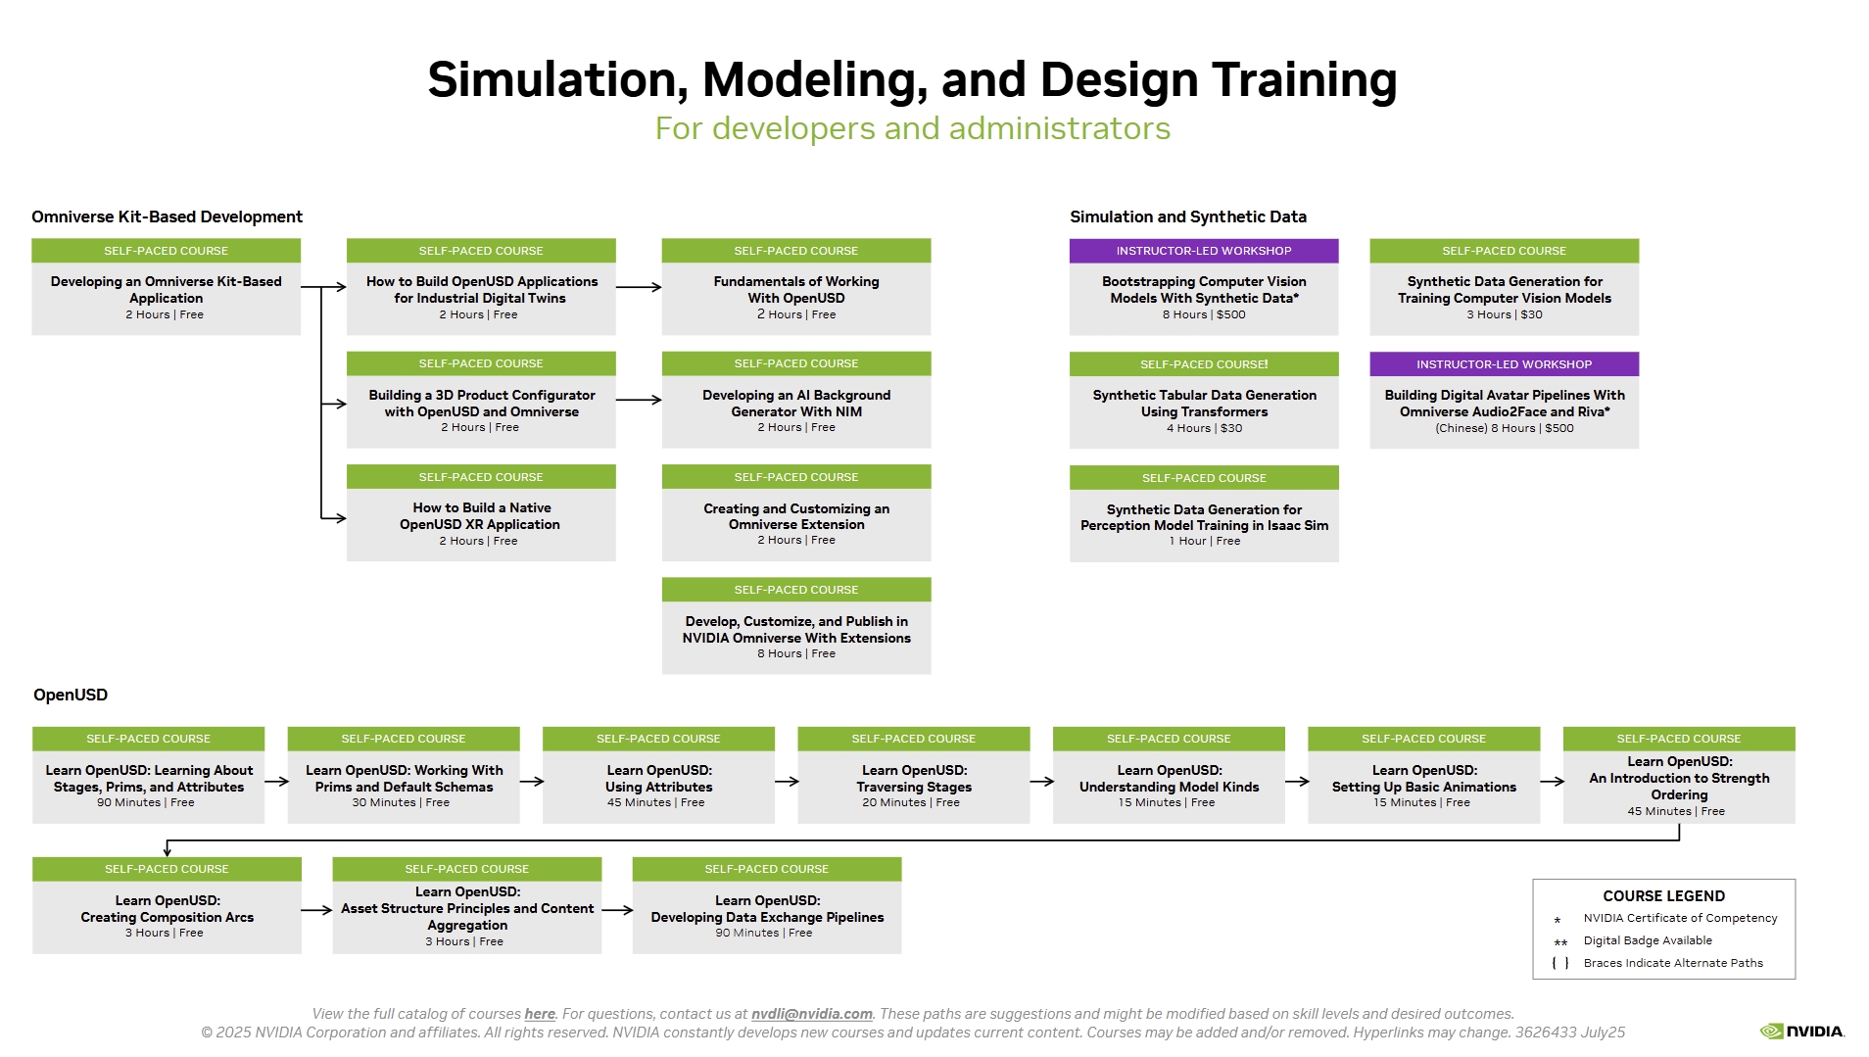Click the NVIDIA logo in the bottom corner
pyautogui.click(x=1801, y=1031)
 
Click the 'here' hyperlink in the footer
pyautogui.click(x=539, y=1014)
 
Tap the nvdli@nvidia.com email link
pyautogui.click(x=811, y=1014)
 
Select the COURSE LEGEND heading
pyautogui.click(x=1663, y=895)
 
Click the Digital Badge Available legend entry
pyautogui.click(x=1647, y=940)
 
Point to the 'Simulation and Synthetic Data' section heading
pyautogui.click(x=1187, y=216)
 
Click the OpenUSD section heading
pyautogui.click(x=71, y=695)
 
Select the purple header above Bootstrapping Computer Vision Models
pyautogui.click(x=1203, y=251)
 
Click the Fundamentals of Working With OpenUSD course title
pyautogui.click(x=795, y=289)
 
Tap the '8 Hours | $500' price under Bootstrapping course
pyautogui.click(x=1203, y=314)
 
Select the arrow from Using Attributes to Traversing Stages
pyautogui.click(x=786, y=782)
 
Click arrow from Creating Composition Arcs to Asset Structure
pyautogui.click(x=315, y=910)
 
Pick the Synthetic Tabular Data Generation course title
pyautogui.click(x=1203, y=403)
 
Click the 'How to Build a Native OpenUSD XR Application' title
pyautogui.click(x=480, y=515)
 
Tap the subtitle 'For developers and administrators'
pyautogui.click(x=912, y=128)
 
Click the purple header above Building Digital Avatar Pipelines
pyautogui.click(x=1503, y=364)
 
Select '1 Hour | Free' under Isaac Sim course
pyautogui.click(x=1203, y=541)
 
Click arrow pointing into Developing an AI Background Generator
pyautogui.click(x=639, y=400)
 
